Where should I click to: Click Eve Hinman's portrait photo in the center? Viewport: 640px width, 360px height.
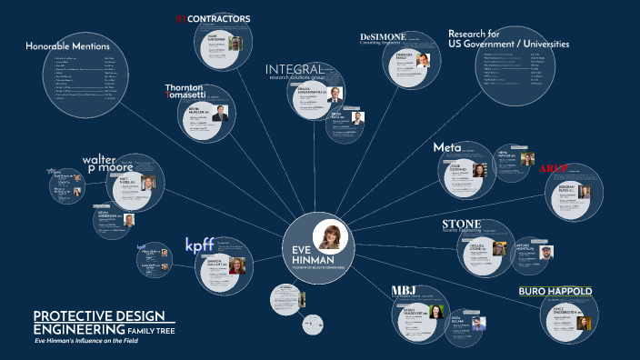[x=331, y=234]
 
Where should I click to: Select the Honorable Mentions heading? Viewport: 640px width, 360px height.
[x=67, y=46]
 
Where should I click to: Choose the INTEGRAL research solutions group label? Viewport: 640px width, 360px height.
[x=295, y=72]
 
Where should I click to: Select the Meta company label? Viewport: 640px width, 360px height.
[x=447, y=147]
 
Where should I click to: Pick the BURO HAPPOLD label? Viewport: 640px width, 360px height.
[x=555, y=292]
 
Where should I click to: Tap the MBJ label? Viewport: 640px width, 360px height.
[x=403, y=291]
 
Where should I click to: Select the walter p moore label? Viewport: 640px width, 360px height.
[x=108, y=164]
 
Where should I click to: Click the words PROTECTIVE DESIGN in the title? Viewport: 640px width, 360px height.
[x=99, y=315]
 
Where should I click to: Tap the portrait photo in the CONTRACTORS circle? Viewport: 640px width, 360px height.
[x=235, y=44]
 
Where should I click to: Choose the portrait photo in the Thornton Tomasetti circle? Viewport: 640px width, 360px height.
[x=218, y=114]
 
